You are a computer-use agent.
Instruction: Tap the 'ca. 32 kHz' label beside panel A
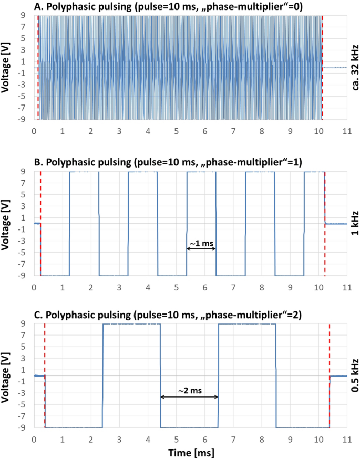(x=354, y=67)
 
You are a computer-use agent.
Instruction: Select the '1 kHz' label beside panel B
(x=354, y=223)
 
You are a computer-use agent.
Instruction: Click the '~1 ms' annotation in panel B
(x=201, y=243)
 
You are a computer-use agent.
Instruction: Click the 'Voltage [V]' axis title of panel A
(x=7, y=67)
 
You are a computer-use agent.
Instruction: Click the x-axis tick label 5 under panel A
(x=176, y=130)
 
